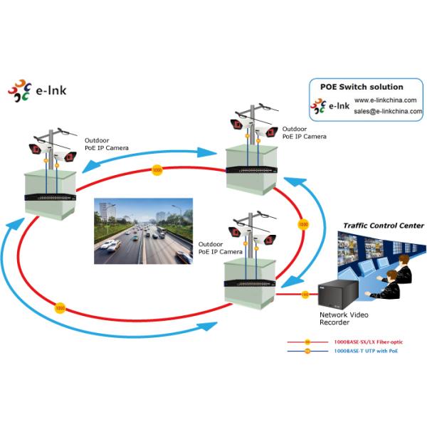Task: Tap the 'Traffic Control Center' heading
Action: [x=383, y=226]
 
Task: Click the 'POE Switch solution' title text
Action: [x=362, y=87]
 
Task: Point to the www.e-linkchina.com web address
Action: [x=388, y=100]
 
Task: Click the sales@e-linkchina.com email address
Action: [x=388, y=111]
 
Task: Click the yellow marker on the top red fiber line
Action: [x=157, y=170]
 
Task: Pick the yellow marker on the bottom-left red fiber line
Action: [x=60, y=308]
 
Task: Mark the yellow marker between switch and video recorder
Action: [x=305, y=293]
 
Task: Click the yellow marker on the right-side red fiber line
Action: [x=302, y=224]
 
